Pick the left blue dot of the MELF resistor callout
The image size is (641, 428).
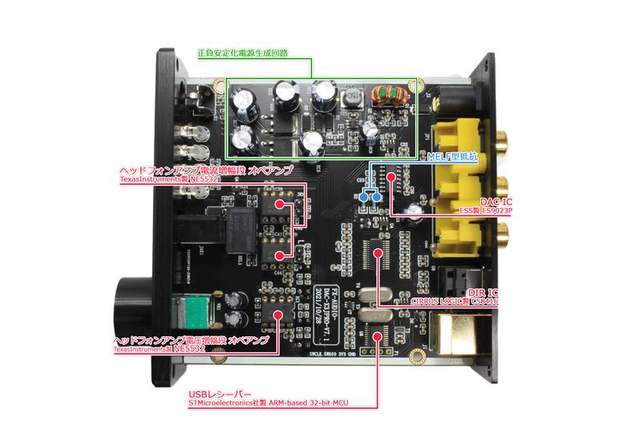364,197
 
